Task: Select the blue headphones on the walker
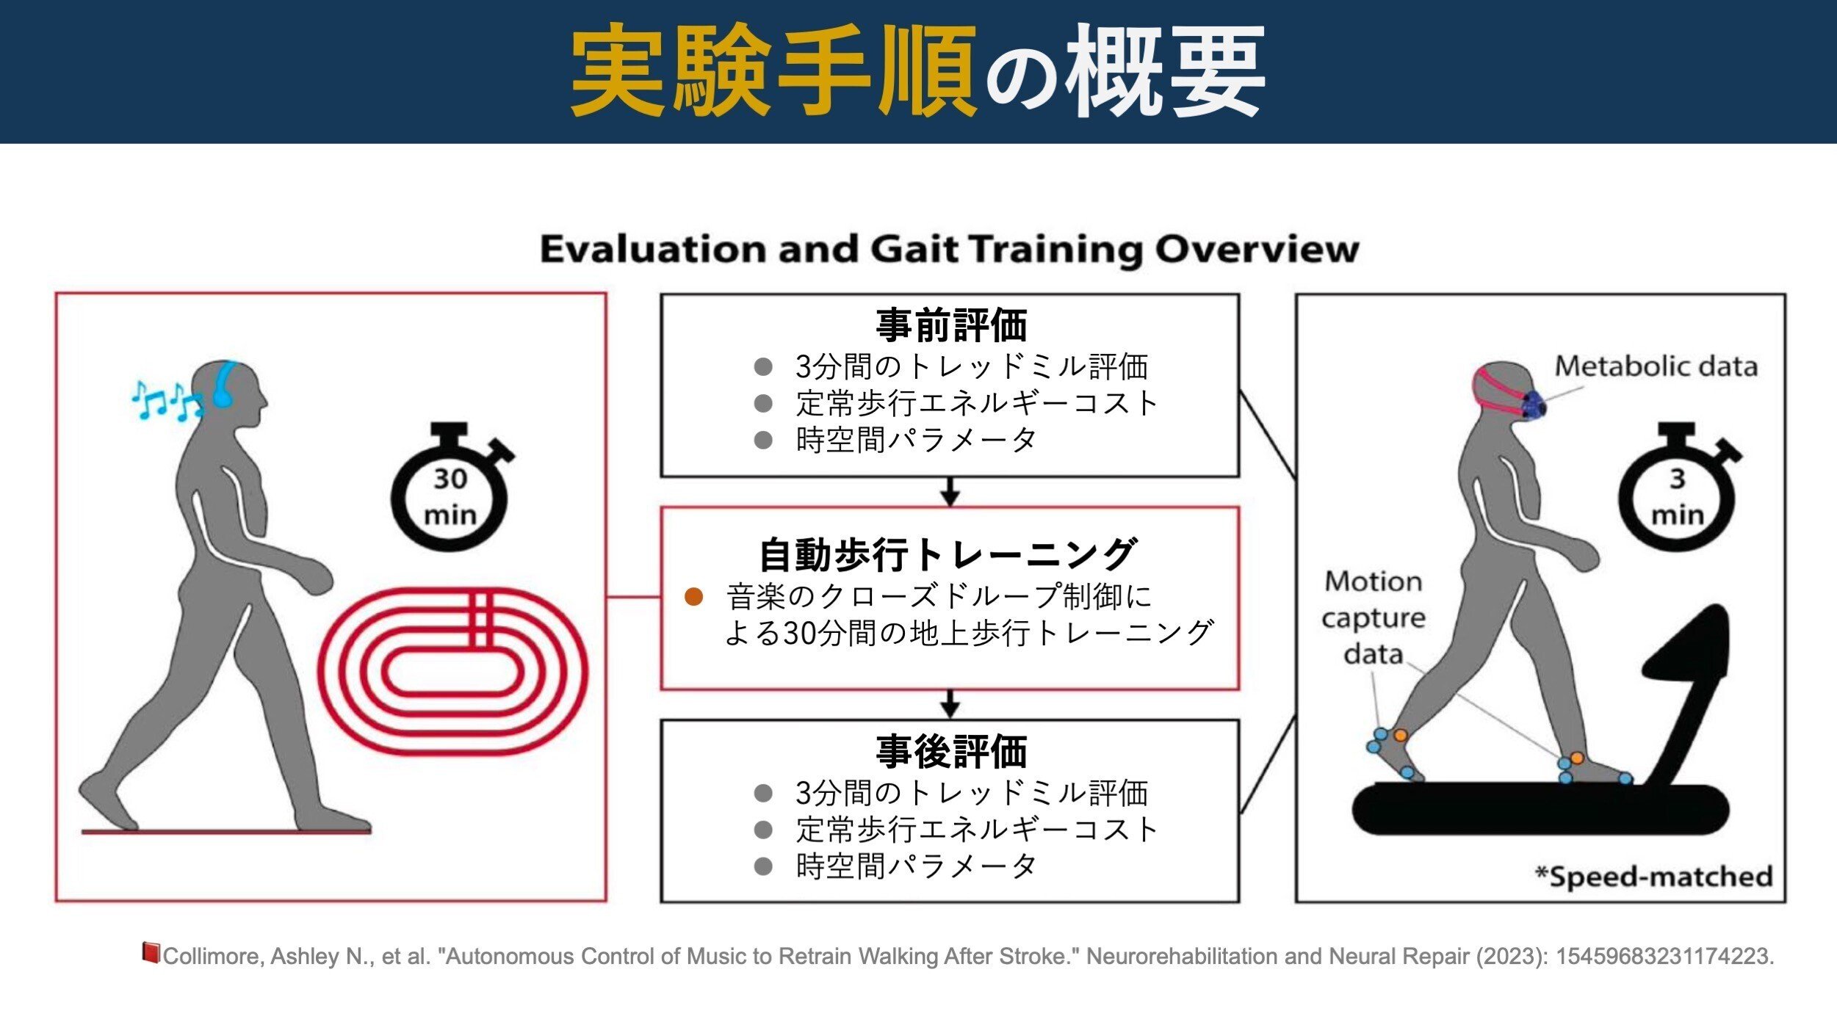pyautogui.click(x=224, y=384)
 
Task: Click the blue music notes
pyautogui.click(x=167, y=401)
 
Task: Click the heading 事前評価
pyautogui.click(x=951, y=325)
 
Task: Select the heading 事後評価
pyautogui.click(x=951, y=751)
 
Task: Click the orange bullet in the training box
pyautogui.click(x=693, y=597)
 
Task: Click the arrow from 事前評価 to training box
pyautogui.click(x=950, y=492)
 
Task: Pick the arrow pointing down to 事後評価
pyautogui.click(x=950, y=704)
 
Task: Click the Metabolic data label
pyautogui.click(x=1656, y=366)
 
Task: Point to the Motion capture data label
pyautogui.click(x=1374, y=617)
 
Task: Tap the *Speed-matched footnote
pyautogui.click(x=1653, y=877)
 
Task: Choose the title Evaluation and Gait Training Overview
pyautogui.click(x=949, y=249)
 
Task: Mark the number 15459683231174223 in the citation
pyautogui.click(x=1664, y=956)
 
